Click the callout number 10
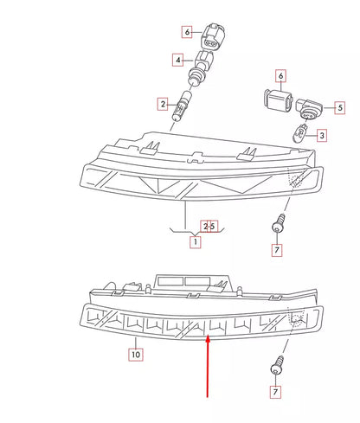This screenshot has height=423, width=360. (x=135, y=354)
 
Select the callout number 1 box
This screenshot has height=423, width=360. (x=196, y=242)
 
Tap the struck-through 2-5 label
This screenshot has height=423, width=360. (x=209, y=226)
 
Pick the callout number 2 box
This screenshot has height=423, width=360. (x=162, y=105)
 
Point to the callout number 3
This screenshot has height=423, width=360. (x=321, y=135)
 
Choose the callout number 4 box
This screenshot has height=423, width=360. (x=177, y=61)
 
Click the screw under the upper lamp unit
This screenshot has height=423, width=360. (x=277, y=225)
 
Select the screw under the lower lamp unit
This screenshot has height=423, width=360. (x=276, y=363)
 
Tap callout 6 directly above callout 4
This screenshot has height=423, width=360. (x=186, y=32)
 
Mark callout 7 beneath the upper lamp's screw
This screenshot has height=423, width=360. (x=277, y=251)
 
